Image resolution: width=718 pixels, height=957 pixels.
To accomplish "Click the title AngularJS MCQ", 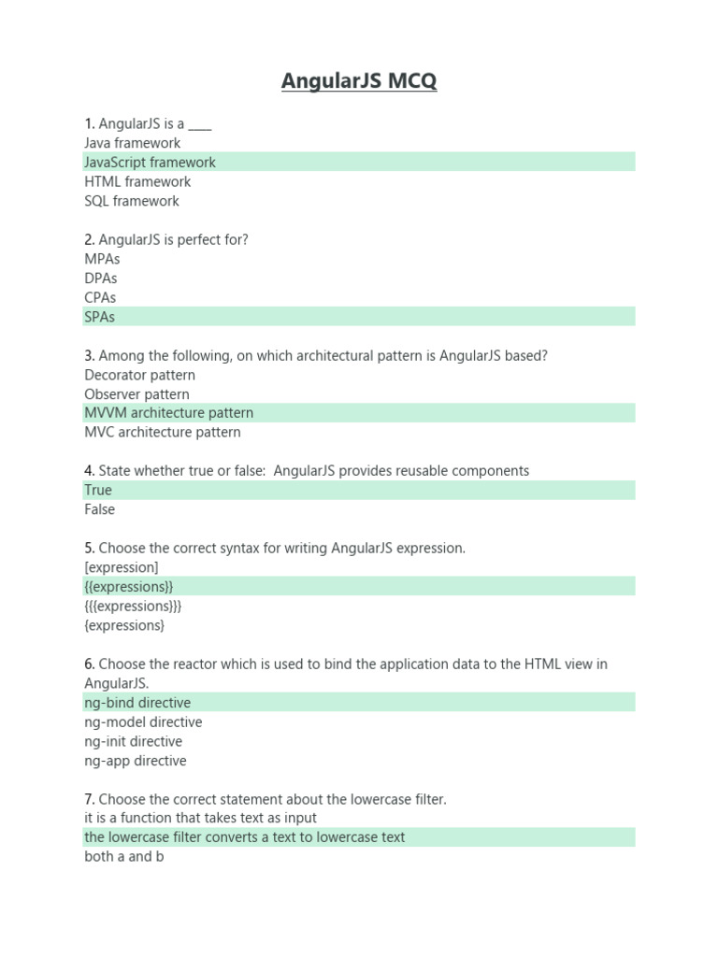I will click(359, 82).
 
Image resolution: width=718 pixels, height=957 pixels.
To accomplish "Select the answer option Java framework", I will click(132, 143).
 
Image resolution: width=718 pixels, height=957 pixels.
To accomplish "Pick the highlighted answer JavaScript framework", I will click(150, 163).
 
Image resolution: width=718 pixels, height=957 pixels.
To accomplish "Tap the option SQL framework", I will click(131, 201).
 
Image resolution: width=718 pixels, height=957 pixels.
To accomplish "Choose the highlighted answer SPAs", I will click(99, 317).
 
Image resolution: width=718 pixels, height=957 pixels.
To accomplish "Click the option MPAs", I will click(102, 259).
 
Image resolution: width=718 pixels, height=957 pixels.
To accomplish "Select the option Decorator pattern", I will click(139, 375).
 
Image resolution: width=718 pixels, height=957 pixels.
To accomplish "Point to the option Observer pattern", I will click(136, 394).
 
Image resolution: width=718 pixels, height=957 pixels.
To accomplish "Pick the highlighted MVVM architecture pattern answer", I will click(168, 413).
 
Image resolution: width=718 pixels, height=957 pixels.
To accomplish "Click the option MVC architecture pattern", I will click(162, 433).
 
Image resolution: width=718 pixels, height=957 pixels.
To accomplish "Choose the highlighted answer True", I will click(97, 491).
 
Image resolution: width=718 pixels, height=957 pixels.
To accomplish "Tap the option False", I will click(99, 509).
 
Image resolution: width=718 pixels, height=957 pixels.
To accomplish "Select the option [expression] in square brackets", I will click(121, 567).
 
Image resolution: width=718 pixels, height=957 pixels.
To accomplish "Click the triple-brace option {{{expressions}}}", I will click(133, 606).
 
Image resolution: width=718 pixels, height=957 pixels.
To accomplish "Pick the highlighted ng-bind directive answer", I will click(136, 703).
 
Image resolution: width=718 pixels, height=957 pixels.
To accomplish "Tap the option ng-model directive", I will click(142, 722).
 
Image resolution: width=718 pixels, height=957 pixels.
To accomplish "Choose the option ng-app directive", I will click(135, 761).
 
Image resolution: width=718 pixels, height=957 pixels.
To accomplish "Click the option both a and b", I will click(123, 856).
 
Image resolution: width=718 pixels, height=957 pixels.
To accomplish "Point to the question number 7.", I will click(89, 799).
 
